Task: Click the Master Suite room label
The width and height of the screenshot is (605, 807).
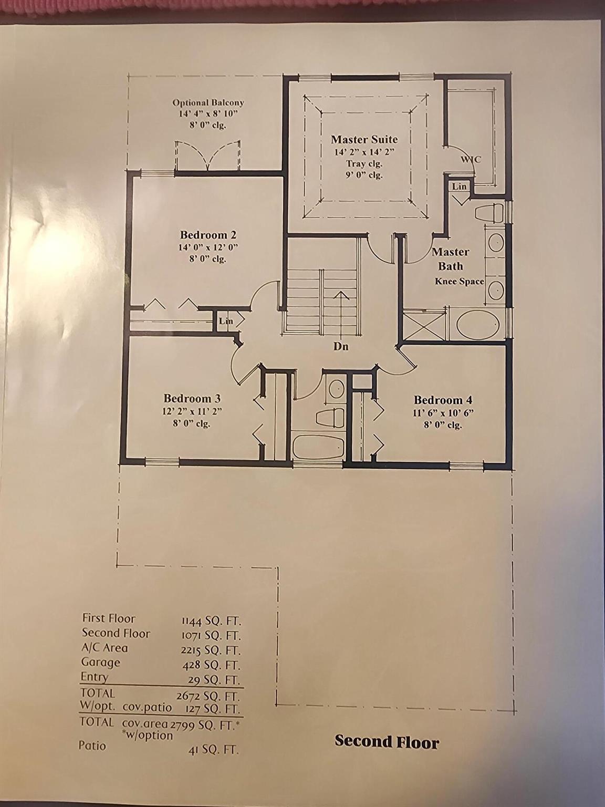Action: [x=364, y=140]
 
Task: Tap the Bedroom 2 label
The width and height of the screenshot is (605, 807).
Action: [x=208, y=234]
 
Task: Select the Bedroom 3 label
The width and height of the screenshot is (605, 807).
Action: [x=192, y=399]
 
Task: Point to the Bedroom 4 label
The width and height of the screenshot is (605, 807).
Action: [x=443, y=400]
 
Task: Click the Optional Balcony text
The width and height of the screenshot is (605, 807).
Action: [x=208, y=103]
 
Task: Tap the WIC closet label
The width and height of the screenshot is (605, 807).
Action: [x=471, y=160]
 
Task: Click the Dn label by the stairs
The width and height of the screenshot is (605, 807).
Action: [x=341, y=346]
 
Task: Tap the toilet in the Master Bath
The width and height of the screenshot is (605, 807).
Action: [x=489, y=214]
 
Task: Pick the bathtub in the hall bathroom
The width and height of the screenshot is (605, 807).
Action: [x=318, y=447]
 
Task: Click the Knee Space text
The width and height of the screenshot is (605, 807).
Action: [x=459, y=282]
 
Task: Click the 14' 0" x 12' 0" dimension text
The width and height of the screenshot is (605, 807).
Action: [x=208, y=247]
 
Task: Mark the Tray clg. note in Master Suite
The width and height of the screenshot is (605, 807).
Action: [x=364, y=163]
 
